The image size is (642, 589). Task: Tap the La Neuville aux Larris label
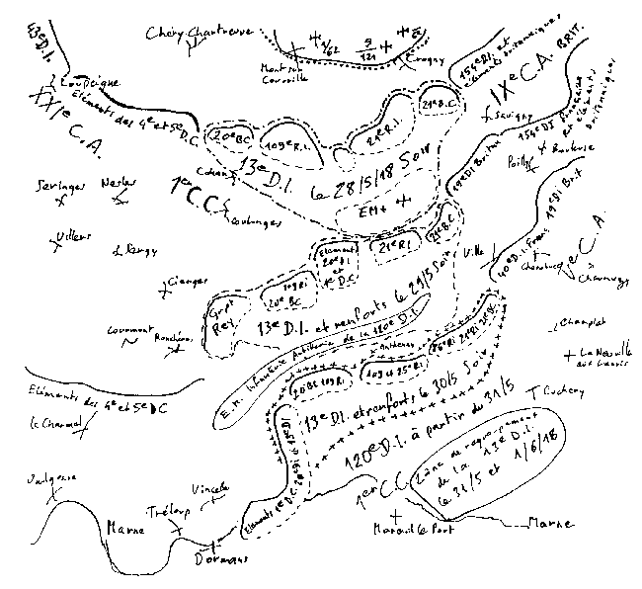603,356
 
